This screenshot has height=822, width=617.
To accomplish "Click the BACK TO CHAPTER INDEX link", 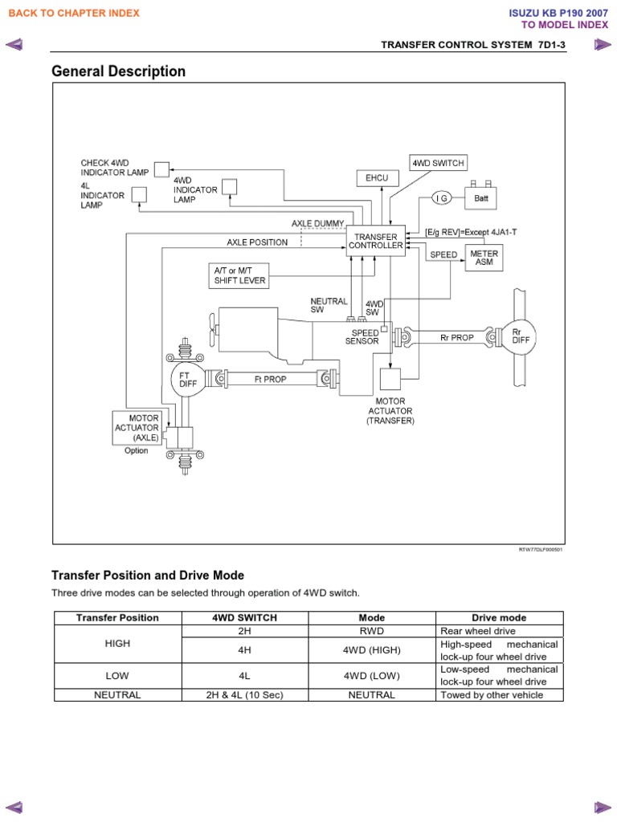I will (74, 13).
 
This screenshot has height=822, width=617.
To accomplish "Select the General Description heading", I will (118, 71).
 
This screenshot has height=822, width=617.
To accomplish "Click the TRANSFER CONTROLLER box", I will (376, 241).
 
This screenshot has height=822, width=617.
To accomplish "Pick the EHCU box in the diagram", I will (377, 177).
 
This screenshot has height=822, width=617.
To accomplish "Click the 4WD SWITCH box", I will (438, 163).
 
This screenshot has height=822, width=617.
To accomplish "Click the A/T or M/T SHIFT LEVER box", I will (239, 275).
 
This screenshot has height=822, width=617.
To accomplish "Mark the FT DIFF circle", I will (188, 379).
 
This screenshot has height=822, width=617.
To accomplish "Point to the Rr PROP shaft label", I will (457, 337).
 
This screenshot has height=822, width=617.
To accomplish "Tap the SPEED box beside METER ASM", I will (443, 255).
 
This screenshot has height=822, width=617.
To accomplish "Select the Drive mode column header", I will (499, 618).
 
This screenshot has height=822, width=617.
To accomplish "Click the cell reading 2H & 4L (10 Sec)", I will (244, 695).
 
